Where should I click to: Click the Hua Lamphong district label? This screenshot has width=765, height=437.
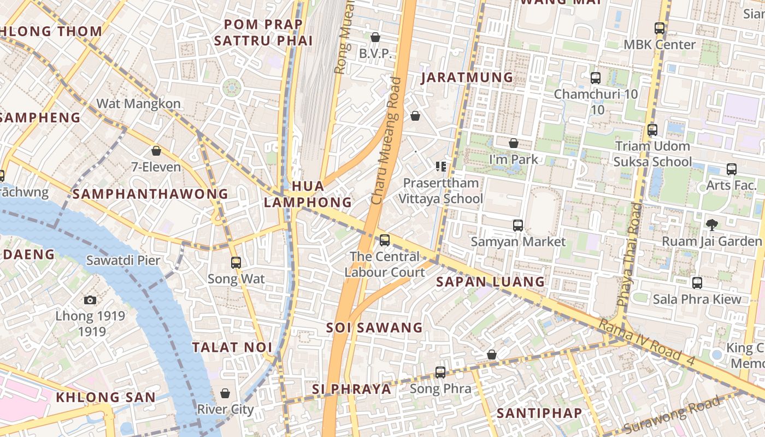point(308,194)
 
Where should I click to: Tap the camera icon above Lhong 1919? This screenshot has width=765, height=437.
point(90,300)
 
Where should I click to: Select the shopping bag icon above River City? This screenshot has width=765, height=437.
point(225,393)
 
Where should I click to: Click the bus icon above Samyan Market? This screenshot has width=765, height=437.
point(517,225)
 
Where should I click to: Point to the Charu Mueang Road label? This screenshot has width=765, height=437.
point(386,141)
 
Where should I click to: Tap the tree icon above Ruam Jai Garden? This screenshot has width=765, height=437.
point(711,225)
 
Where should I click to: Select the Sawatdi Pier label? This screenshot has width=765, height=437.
point(123,260)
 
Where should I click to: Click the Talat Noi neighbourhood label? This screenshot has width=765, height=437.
point(232,347)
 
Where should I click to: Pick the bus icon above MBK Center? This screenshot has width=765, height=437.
point(660,28)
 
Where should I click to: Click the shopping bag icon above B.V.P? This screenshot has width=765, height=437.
point(375,38)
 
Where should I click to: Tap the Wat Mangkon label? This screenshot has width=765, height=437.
point(138,103)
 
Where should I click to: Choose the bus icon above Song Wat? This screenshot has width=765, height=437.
point(236,263)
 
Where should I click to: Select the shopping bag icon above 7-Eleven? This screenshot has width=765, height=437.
point(156,151)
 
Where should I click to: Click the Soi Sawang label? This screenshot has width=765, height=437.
point(374,328)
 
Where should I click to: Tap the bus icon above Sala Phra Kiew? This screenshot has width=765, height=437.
point(697,283)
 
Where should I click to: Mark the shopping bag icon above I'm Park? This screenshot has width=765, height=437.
point(514,144)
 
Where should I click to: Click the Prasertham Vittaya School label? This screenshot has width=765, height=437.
point(441,191)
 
